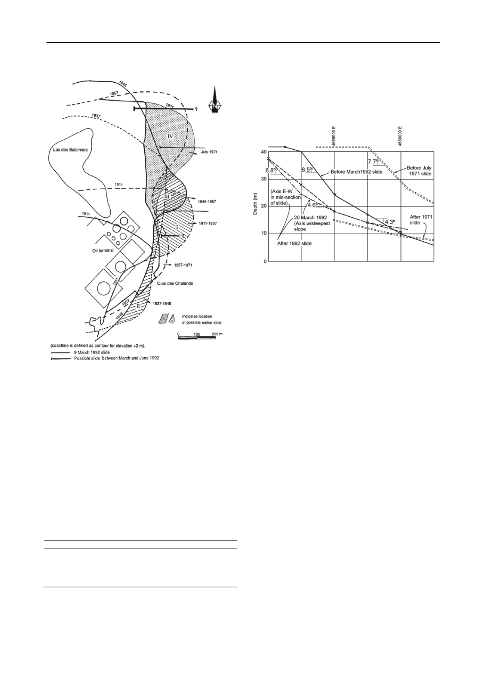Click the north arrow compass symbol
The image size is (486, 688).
(215, 100)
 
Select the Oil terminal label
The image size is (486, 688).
(103, 251)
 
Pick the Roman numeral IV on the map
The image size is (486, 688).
(170, 136)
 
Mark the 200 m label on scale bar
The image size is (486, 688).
(217, 333)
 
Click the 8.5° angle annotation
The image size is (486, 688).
(307, 169)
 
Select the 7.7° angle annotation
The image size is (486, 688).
(373, 162)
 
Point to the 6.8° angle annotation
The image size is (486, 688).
(271, 171)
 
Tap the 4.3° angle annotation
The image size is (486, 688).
(390, 222)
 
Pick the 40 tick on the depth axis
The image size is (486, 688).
(264, 152)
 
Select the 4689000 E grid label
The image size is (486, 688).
(400, 137)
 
